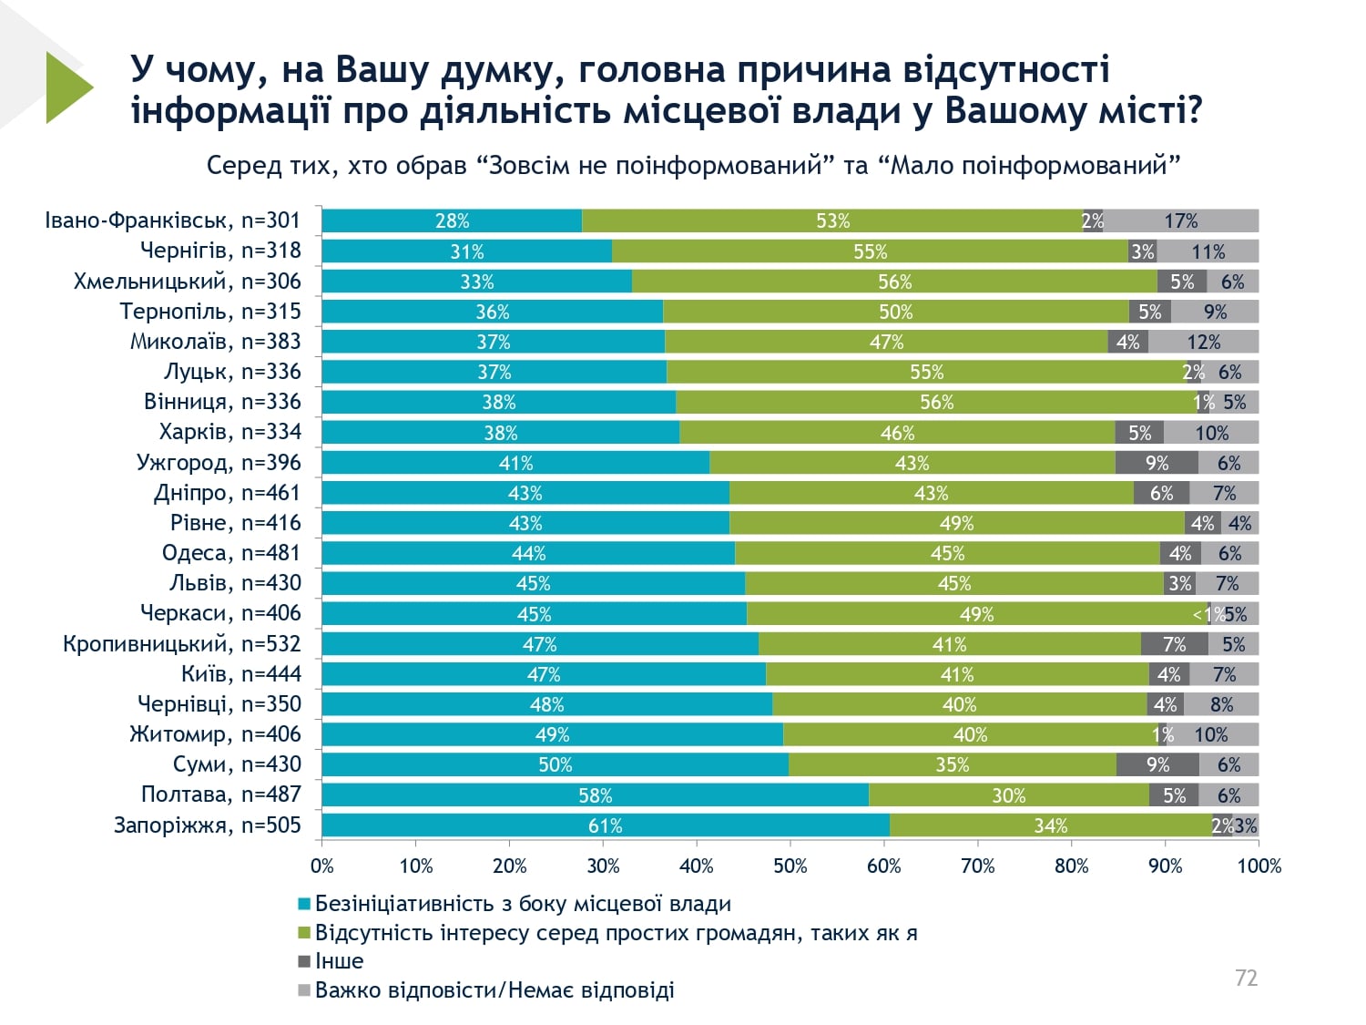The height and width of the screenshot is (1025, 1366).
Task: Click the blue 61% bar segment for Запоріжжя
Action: point(606,825)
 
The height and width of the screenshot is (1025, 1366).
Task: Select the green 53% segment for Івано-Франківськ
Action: point(832,220)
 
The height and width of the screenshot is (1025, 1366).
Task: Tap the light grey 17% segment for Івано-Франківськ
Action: point(1180,220)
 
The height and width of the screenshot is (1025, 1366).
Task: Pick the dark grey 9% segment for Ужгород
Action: point(1157,463)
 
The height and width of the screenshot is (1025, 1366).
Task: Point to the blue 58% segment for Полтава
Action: point(596,795)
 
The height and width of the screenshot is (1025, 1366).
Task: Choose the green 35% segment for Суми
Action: point(952,764)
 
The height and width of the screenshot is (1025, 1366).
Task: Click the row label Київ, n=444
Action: point(240,674)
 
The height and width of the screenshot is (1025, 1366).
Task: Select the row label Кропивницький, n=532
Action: point(181,644)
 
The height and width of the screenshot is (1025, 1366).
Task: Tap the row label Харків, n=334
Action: point(229,432)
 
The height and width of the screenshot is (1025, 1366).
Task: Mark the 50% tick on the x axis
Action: point(790,866)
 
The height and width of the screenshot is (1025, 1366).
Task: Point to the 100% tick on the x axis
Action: point(1259,866)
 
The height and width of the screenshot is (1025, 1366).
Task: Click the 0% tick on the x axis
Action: point(322,866)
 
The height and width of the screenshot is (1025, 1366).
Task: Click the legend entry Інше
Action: point(339,961)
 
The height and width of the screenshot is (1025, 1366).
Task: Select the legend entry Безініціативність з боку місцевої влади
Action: point(523,904)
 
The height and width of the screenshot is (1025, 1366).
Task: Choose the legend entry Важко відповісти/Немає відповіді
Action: point(494,990)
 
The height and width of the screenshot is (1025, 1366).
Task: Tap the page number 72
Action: point(1246,978)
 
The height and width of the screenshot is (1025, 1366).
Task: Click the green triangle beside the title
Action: point(66,87)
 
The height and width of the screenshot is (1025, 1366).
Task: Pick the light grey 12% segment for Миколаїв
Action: point(1203,342)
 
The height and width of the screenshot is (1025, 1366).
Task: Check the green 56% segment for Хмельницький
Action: point(894,282)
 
